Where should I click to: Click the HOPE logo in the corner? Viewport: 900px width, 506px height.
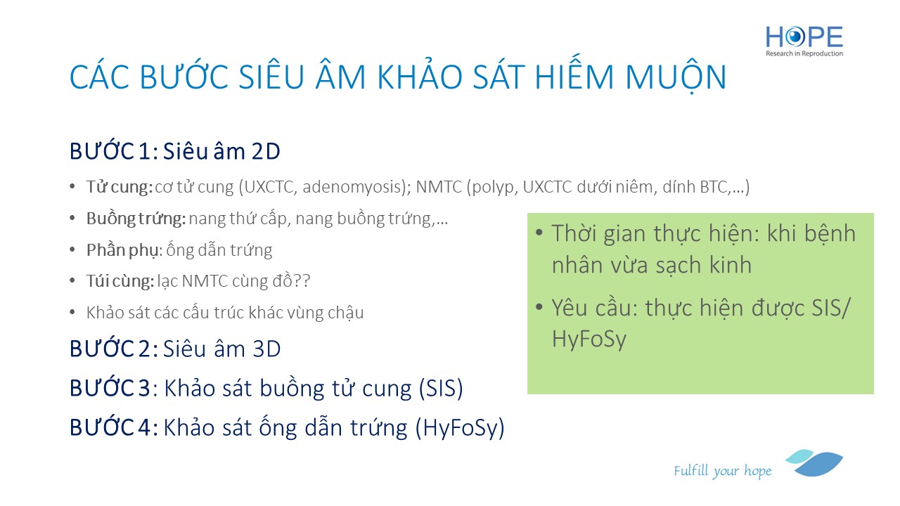pos(804,41)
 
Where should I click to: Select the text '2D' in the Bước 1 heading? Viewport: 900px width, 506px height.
pos(266,151)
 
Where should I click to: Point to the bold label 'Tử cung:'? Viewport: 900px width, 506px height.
pos(120,187)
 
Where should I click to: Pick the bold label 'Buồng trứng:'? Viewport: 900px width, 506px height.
pos(136,219)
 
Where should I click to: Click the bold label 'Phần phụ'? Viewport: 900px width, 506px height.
pos(122,250)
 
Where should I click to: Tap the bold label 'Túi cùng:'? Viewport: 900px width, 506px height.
pos(120,281)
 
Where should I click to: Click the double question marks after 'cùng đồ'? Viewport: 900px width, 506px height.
pos(302,281)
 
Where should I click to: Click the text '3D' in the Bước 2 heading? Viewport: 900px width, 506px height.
pos(266,349)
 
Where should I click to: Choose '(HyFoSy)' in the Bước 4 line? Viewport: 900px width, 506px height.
pos(460,428)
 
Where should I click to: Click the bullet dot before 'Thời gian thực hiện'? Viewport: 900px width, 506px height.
pos(539,233)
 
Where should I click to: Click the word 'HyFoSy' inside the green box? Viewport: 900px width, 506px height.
pos(589,339)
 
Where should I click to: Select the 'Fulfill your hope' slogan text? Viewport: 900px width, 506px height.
pos(722,471)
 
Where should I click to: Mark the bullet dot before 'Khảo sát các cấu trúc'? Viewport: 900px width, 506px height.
pos(72,312)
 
